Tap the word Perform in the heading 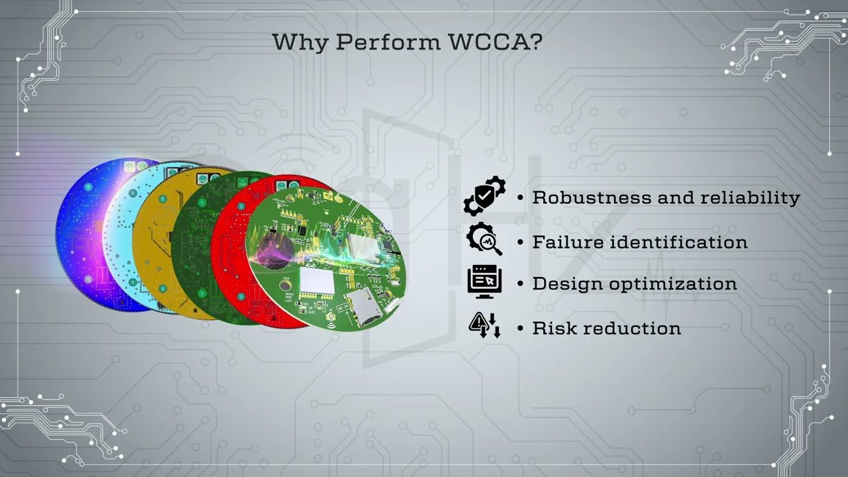click(x=389, y=42)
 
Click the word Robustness click(x=592, y=197)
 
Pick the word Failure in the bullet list click(x=568, y=242)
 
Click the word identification click(x=678, y=242)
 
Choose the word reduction click(x=632, y=329)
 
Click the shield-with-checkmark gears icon click(x=484, y=196)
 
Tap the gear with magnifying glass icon click(x=484, y=239)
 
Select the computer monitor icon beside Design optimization click(x=484, y=281)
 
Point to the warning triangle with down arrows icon click(x=484, y=325)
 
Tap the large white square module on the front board click(x=316, y=281)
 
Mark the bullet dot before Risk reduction click(x=521, y=329)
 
